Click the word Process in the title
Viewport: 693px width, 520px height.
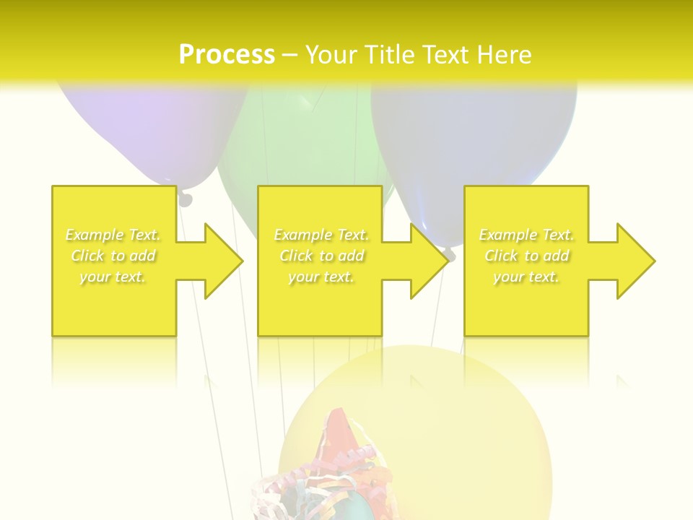coord(227,54)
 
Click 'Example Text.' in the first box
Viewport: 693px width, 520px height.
coord(113,235)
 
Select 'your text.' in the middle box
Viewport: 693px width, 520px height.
coord(321,277)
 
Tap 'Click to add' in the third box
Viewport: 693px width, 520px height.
coord(526,256)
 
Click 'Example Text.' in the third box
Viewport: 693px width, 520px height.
coord(526,235)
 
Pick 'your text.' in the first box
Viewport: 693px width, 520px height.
coord(113,277)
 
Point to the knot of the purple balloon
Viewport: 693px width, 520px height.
coord(186,198)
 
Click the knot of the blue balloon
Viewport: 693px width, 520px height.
coord(449,253)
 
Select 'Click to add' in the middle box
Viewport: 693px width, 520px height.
coord(321,256)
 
